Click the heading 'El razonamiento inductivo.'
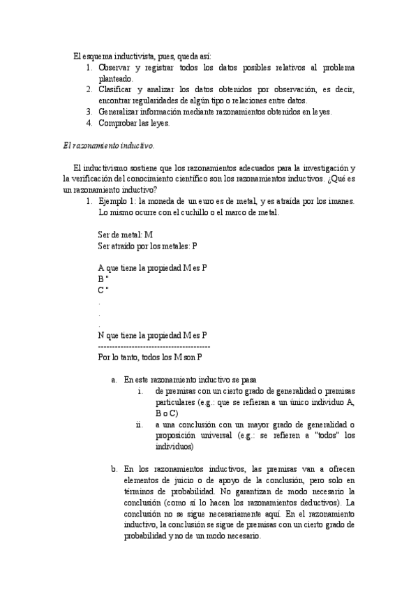pyautogui.click(x=108, y=146)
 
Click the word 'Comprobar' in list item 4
pyautogui.click(x=117, y=124)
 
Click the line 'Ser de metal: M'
pyautogui.click(x=126, y=235)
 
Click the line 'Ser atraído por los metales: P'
pyautogui.click(x=147, y=246)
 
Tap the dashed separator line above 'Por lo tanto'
pyautogui.click(x=154, y=347)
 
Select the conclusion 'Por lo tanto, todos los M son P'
pyautogui.click(x=150, y=357)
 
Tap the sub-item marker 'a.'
pyautogui.click(x=114, y=380)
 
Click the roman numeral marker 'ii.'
pyautogui.click(x=140, y=424)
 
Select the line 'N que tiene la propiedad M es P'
pyautogui.click(x=153, y=335)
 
